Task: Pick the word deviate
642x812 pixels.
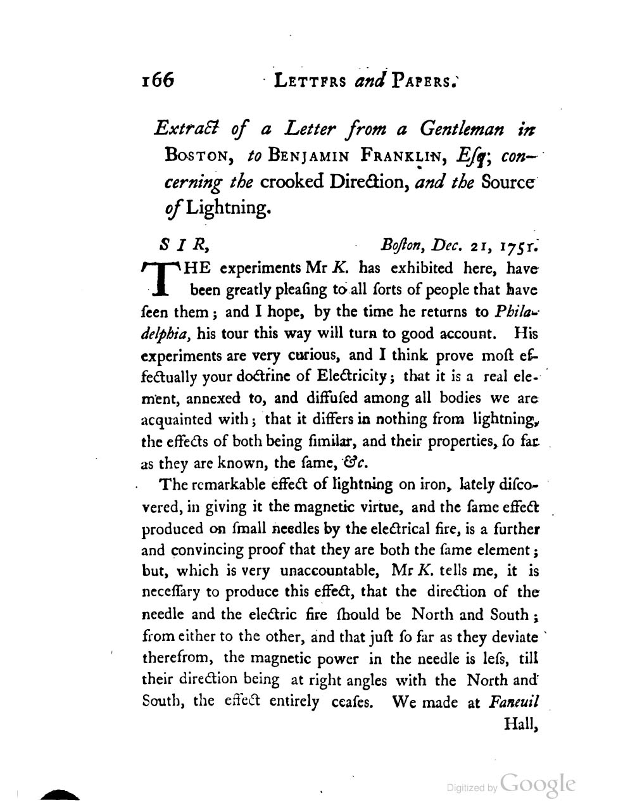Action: (x=513, y=636)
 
